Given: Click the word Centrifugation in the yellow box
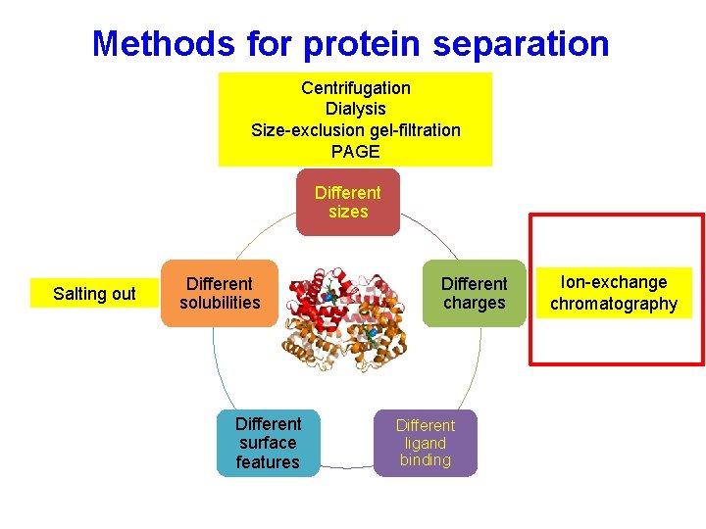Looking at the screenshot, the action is coord(355,88).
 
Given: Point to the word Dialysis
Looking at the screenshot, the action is coord(355,109).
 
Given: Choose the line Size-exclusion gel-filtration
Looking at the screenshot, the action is coord(355,130).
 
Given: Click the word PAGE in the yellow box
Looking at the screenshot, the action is coord(355,152).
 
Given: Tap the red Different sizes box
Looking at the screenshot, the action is coord(348,202).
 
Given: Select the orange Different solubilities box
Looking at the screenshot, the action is coord(220,293).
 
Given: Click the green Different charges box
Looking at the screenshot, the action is coord(475,293).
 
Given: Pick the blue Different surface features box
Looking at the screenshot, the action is coord(268,443).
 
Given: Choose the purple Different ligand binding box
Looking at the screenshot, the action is coord(425,443).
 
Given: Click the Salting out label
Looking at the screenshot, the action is coord(94,294).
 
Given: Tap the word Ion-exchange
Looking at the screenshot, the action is coord(613,282).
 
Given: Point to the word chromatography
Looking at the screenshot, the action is coord(613,304).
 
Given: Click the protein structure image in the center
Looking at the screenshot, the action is coord(347,313).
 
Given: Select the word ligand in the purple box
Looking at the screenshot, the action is coord(425,443).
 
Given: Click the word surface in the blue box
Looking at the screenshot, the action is coord(268,443).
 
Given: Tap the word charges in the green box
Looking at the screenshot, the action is coord(475,303).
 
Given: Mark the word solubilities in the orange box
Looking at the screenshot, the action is coord(220,303).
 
